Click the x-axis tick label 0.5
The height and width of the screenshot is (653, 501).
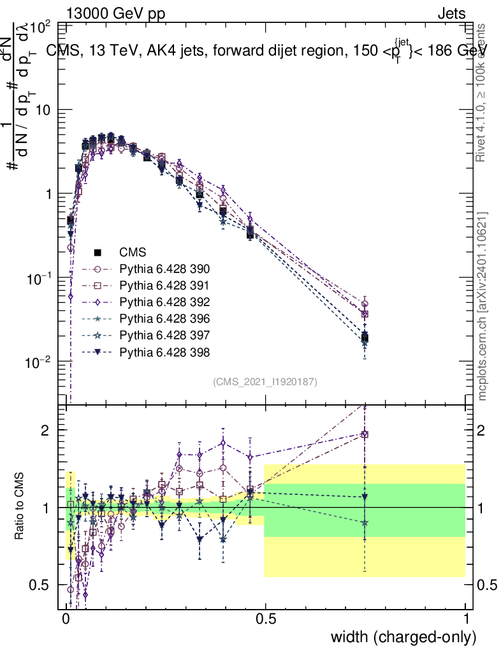click(265, 620)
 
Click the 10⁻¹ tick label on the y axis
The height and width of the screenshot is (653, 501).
click(38, 277)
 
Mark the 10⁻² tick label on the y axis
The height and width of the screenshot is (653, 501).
click(38, 362)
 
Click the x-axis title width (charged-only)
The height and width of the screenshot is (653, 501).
click(403, 637)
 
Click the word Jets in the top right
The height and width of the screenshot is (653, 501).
click(451, 13)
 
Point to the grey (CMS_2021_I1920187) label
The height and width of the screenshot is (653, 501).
click(265, 381)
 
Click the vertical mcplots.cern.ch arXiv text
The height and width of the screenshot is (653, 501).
click(483, 306)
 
